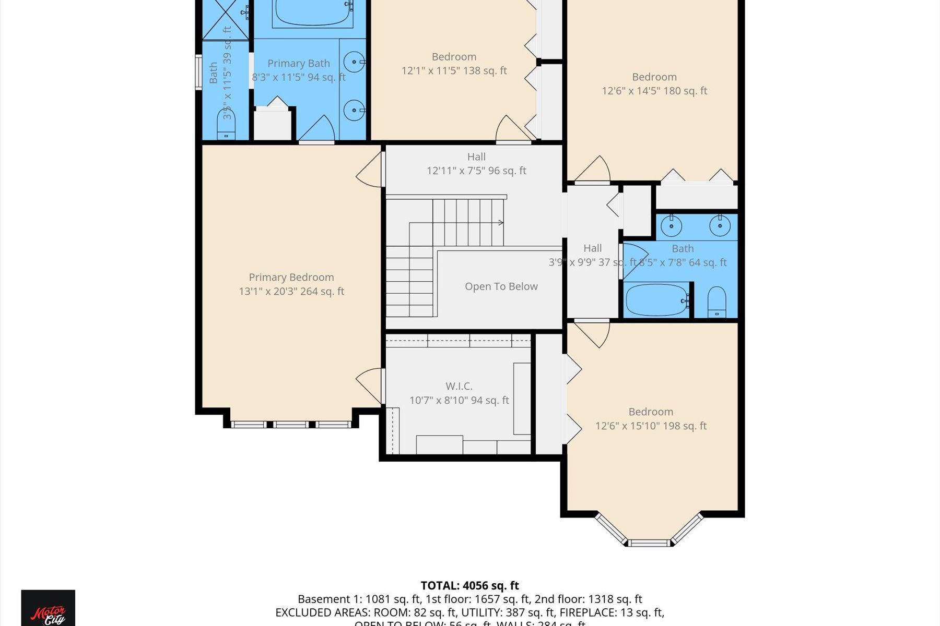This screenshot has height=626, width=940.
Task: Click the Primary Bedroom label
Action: click(x=291, y=278)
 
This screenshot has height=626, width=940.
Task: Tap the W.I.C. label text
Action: click(x=459, y=387)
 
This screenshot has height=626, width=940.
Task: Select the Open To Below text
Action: click(x=501, y=286)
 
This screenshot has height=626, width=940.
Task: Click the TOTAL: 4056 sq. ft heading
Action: click(x=469, y=585)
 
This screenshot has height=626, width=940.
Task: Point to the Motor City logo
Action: click(x=48, y=610)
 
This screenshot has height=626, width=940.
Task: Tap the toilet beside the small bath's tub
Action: click(x=716, y=302)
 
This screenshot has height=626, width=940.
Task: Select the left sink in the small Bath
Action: click(x=671, y=226)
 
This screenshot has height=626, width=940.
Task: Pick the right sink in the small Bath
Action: click(x=720, y=226)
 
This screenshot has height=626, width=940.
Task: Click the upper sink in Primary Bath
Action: click(x=355, y=62)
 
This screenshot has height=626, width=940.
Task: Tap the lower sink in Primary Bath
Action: click(x=355, y=110)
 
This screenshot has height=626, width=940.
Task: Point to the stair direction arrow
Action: click(x=500, y=223)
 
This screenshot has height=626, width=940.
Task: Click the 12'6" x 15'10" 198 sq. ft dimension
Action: click(x=651, y=426)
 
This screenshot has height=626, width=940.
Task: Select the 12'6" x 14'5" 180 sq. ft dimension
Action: click(x=654, y=91)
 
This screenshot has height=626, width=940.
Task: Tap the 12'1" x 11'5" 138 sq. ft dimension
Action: click(x=454, y=71)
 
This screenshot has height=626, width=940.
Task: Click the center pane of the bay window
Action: click(x=649, y=543)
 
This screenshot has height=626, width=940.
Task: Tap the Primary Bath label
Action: click(x=299, y=64)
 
